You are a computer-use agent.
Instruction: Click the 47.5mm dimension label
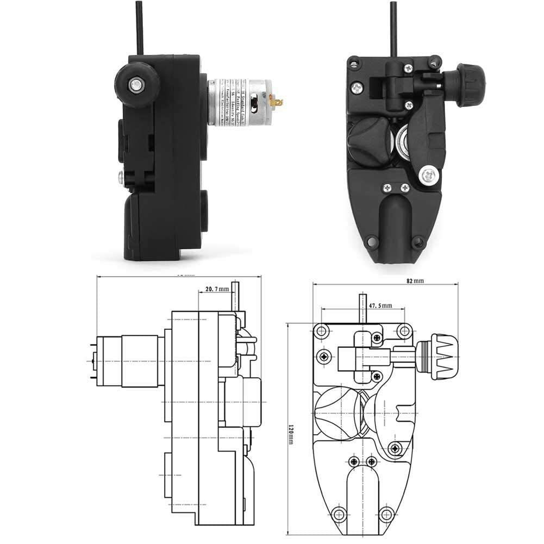380,306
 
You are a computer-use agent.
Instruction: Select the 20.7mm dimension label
217,289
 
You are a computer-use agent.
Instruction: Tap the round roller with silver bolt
136,84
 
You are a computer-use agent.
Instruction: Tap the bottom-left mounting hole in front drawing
339,512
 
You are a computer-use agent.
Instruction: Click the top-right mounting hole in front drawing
404,330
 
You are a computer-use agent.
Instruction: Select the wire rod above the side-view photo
140,27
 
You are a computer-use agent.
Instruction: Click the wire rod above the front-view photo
393,27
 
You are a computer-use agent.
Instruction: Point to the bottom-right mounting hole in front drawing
386,512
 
